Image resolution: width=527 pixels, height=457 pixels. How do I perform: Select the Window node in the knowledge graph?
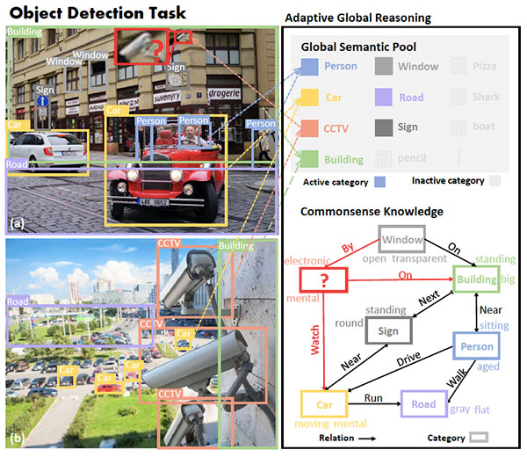401,239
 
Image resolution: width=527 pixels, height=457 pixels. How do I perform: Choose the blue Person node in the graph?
475,347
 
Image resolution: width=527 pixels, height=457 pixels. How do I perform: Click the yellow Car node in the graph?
325,405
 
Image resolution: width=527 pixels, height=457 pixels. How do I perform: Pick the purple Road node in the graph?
423,405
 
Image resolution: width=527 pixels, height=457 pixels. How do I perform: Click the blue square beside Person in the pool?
309,67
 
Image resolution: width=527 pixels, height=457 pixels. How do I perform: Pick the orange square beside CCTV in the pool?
309,127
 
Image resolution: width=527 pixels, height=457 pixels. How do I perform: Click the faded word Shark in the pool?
484,98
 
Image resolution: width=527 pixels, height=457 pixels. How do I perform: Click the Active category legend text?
335,182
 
